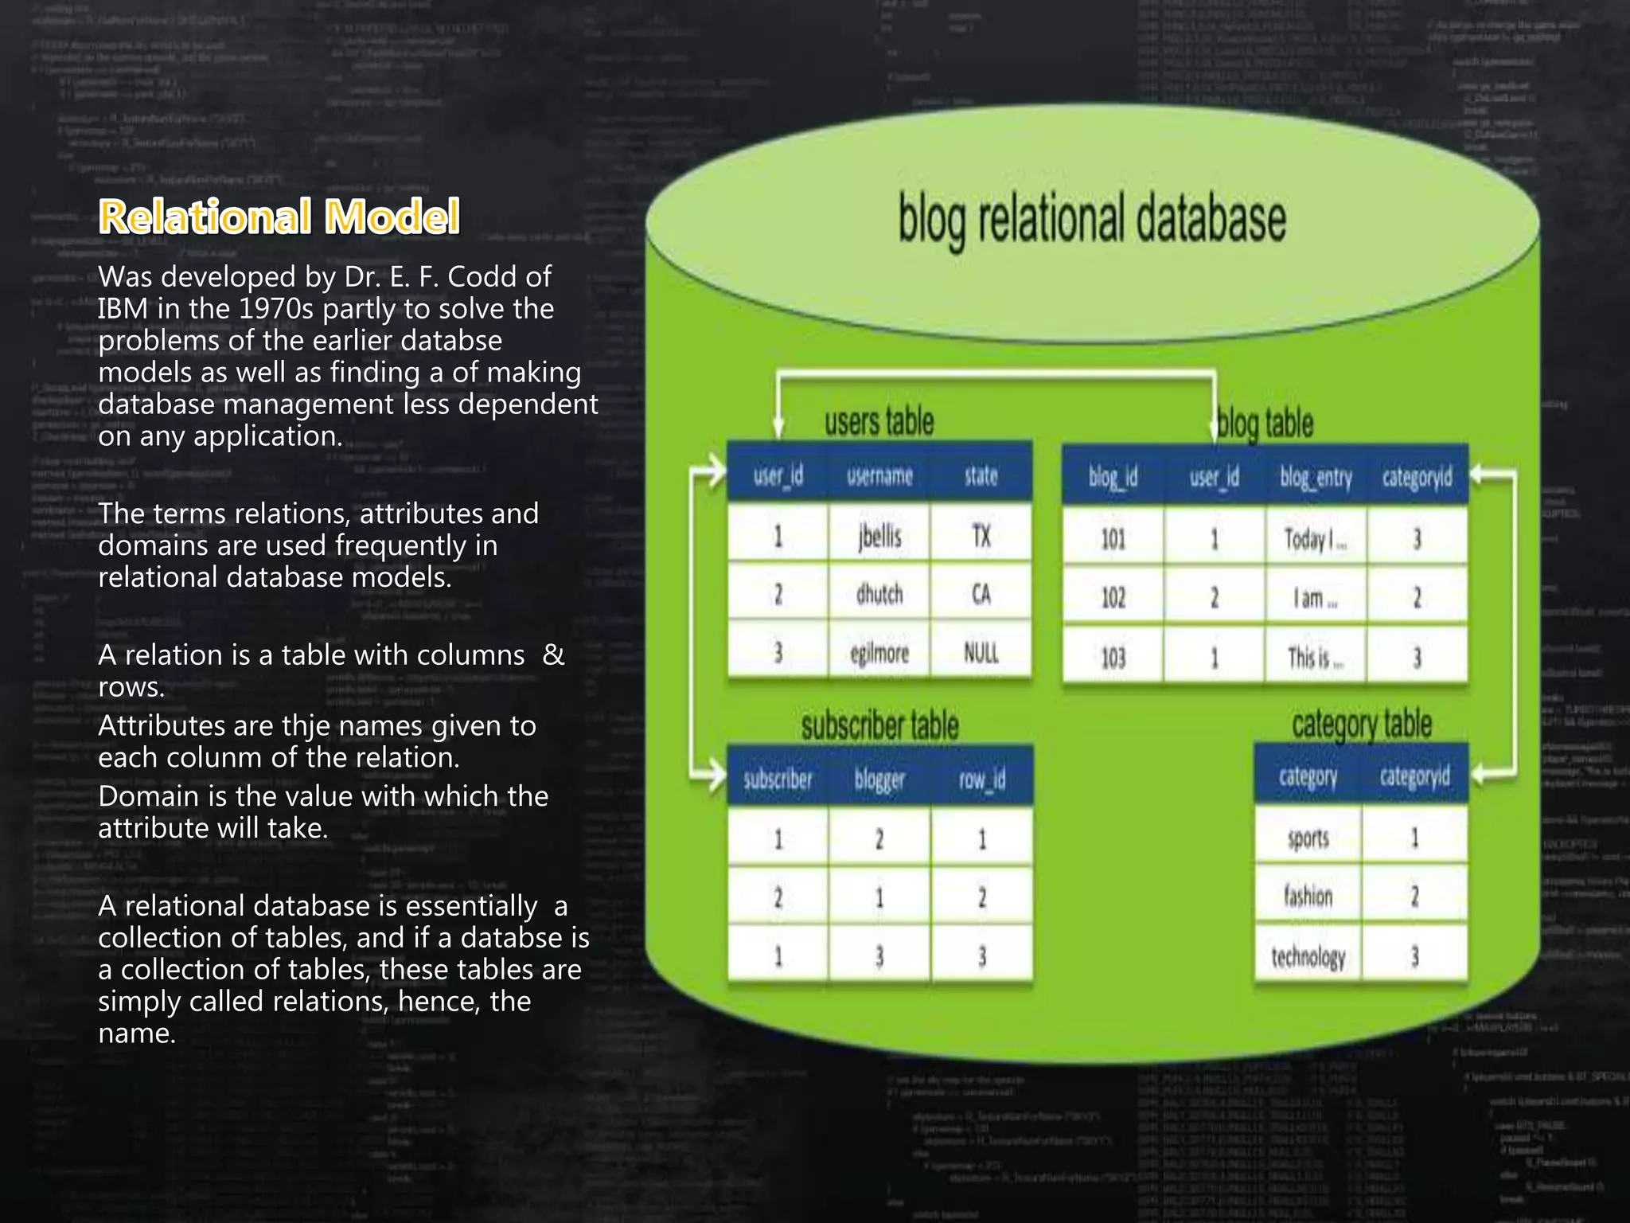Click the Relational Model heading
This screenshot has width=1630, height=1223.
point(279,217)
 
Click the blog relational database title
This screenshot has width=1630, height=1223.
point(1091,220)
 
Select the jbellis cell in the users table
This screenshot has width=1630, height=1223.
point(879,537)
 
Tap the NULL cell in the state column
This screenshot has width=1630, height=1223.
point(981,653)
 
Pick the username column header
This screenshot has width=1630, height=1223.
point(879,476)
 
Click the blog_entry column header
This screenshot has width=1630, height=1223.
point(1316,478)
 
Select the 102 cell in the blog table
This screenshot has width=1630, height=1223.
point(1113,597)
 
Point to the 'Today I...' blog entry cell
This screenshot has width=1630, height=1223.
point(1315,540)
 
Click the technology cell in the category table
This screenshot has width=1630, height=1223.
point(1308,956)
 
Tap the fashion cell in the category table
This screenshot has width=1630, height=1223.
point(1308,897)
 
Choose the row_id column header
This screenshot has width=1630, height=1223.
point(981,779)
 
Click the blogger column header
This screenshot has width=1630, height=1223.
point(879,779)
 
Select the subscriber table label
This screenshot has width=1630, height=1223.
point(879,725)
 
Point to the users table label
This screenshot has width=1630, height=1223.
point(879,421)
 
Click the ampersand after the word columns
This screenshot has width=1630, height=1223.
point(553,654)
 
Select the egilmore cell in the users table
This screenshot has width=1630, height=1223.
point(879,653)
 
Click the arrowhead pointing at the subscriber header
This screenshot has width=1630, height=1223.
point(716,773)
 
